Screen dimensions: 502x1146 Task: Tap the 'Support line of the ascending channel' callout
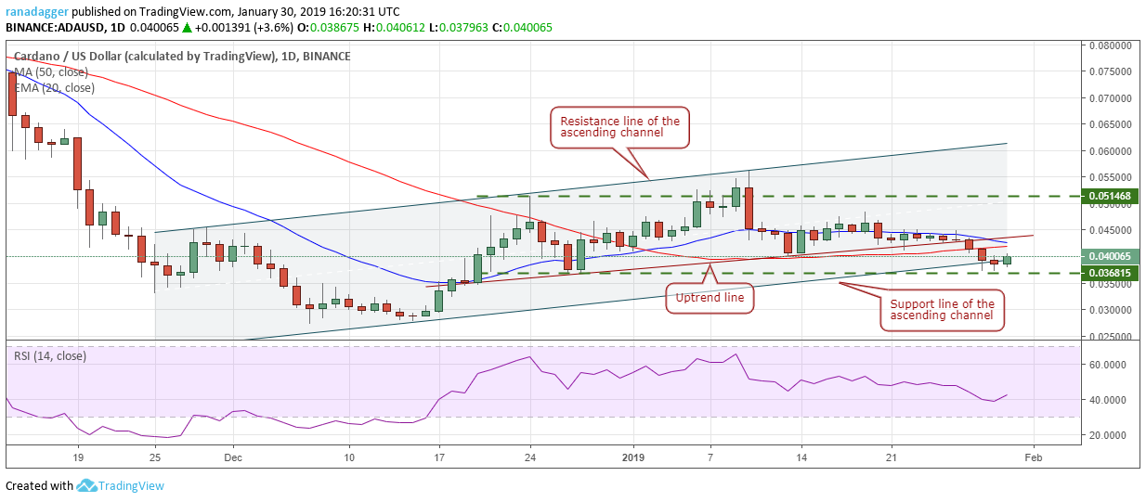tap(942, 310)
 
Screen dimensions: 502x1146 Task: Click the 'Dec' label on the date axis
tap(233, 457)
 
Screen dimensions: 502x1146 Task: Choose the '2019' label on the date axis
tap(633, 457)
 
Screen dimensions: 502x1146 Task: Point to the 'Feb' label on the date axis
tap(1032, 457)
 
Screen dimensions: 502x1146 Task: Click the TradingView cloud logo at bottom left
tap(87, 485)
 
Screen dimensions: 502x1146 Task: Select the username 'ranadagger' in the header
tap(36, 11)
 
